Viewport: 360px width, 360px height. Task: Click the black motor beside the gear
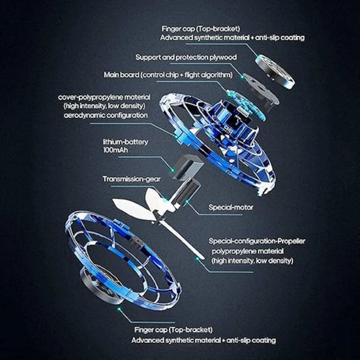(191, 193)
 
